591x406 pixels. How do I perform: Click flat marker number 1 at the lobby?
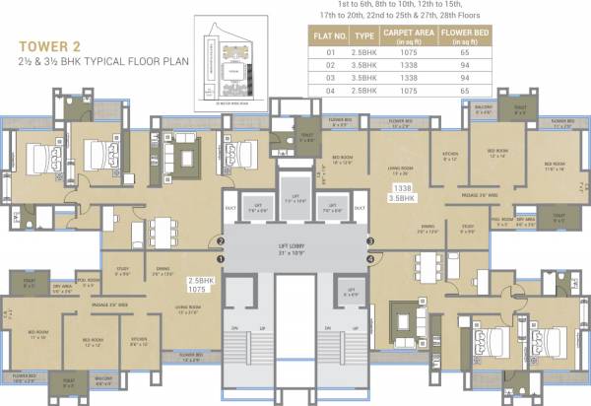click(223, 259)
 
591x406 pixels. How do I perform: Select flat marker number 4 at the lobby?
click(369, 259)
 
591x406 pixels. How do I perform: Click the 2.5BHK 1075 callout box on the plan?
click(201, 286)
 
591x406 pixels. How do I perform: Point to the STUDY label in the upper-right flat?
click(468, 230)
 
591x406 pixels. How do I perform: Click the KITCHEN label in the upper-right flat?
click(450, 155)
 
